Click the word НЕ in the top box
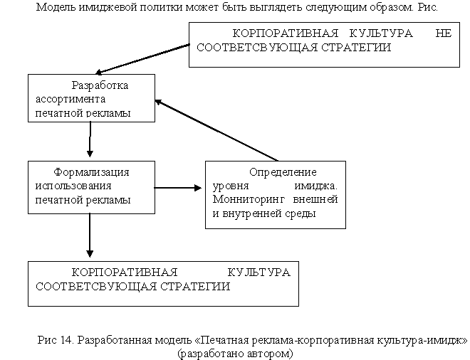pyautogui.click(x=444, y=33)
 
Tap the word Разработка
pyautogui.click(x=100, y=85)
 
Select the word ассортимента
pyautogui.click(x=70, y=99)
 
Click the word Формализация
pyautogui.click(x=91, y=172)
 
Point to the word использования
pyautogui.click(x=73, y=186)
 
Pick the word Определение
pyautogui.click(x=283, y=172)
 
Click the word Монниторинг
pyautogui.click(x=249, y=200)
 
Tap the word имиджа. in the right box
pyautogui.click(x=316, y=186)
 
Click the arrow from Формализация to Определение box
pyautogui.click(x=178, y=188)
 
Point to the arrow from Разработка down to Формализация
pyautogui.click(x=90, y=139)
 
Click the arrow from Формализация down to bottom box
pyautogui.click(x=90, y=235)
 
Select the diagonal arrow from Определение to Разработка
pyautogui.click(x=216, y=130)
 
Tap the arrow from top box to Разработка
pyautogui.click(x=142, y=59)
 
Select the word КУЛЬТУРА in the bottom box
pyautogui.click(x=259, y=272)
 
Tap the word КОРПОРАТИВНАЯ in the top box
pyautogui.click(x=286, y=33)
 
